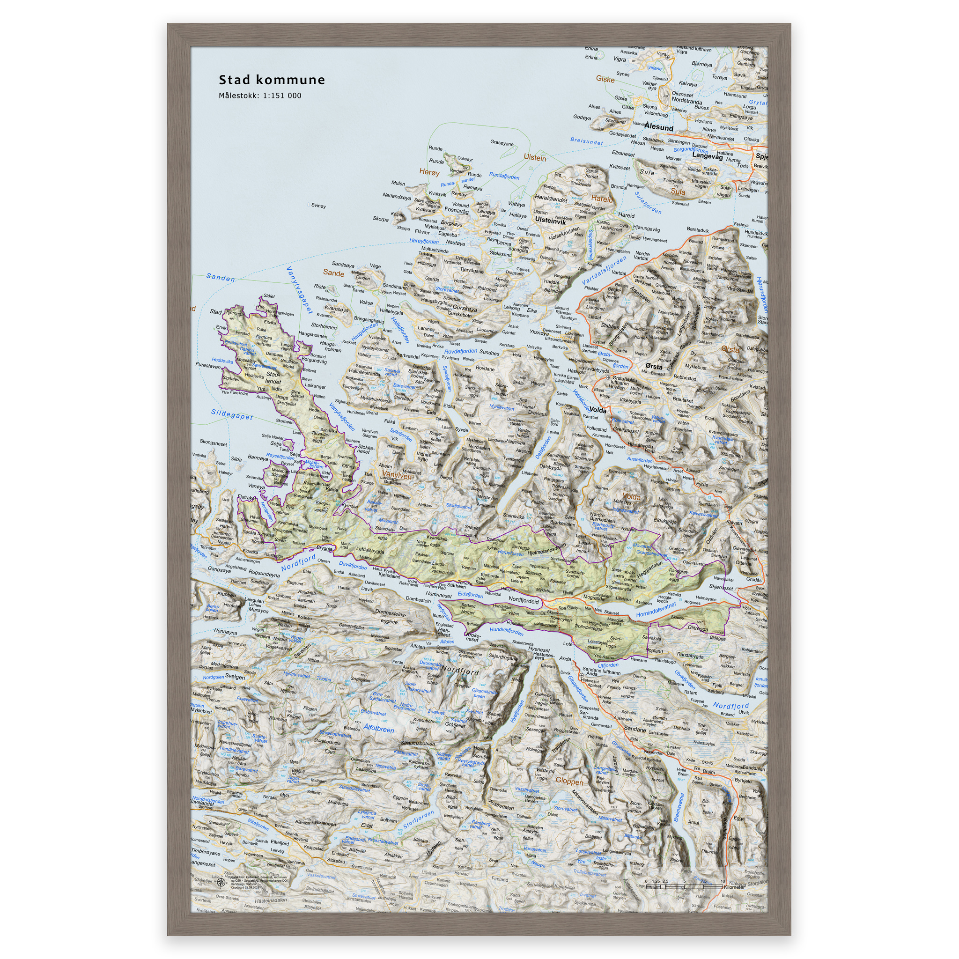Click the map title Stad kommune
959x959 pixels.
[x=272, y=80]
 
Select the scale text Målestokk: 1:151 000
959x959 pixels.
[x=260, y=96]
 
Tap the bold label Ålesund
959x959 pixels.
[x=659, y=127]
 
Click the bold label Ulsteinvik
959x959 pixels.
[x=550, y=221]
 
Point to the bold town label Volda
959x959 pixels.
[x=598, y=411]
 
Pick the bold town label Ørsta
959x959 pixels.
[x=654, y=366]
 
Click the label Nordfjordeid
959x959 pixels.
[x=524, y=600]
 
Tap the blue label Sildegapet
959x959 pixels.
[x=232, y=414]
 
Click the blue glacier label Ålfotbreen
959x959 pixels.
[x=379, y=729]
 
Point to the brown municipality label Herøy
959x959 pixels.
[x=429, y=172]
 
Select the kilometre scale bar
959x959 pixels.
[x=684, y=886]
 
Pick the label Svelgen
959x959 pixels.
[x=235, y=677]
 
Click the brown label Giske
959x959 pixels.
[x=605, y=79]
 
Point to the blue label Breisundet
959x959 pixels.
[x=586, y=141]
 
